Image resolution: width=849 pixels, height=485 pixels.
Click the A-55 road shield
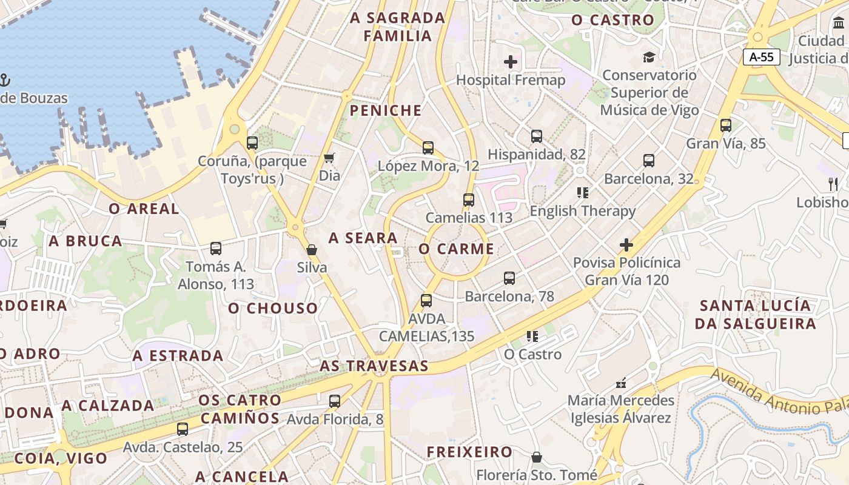click(x=762, y=58)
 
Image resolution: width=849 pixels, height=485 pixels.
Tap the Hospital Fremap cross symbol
click(x=511, y=62)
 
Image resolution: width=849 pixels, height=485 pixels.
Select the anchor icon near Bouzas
click(x=4, y=80)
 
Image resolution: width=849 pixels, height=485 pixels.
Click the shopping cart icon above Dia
click(x=329, y=158)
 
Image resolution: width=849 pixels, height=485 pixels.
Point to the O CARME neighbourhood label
click(x=456, y=249)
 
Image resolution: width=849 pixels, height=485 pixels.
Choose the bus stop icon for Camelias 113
click(x=468, y=199)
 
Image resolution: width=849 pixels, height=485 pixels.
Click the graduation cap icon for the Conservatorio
click(x=649, y=58)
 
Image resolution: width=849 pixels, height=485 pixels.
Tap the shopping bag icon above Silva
click(x=312, y=250)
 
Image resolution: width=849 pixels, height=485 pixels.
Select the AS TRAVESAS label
click(x=374, y=366)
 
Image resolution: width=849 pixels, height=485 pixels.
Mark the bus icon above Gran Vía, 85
click(x=726, y=125)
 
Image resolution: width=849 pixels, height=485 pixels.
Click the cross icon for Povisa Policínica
click(x=626, y=245)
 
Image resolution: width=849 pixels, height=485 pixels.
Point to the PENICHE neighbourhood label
click(x=386, y=110)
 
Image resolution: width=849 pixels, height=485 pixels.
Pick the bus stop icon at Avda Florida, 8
click(x=335, y=401)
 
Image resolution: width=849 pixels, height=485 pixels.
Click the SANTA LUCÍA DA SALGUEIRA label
click(x=755, y=314)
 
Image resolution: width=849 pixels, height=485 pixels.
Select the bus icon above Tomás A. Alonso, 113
click(x=216, y=249)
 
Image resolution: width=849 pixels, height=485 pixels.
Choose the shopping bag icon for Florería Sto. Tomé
click(x=537, y=457)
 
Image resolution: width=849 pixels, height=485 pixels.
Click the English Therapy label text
click(x=583, y=211)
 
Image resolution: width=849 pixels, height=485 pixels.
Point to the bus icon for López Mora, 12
click(x=428, y=147)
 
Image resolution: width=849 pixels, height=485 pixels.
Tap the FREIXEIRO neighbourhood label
click(x=469, y=452)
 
